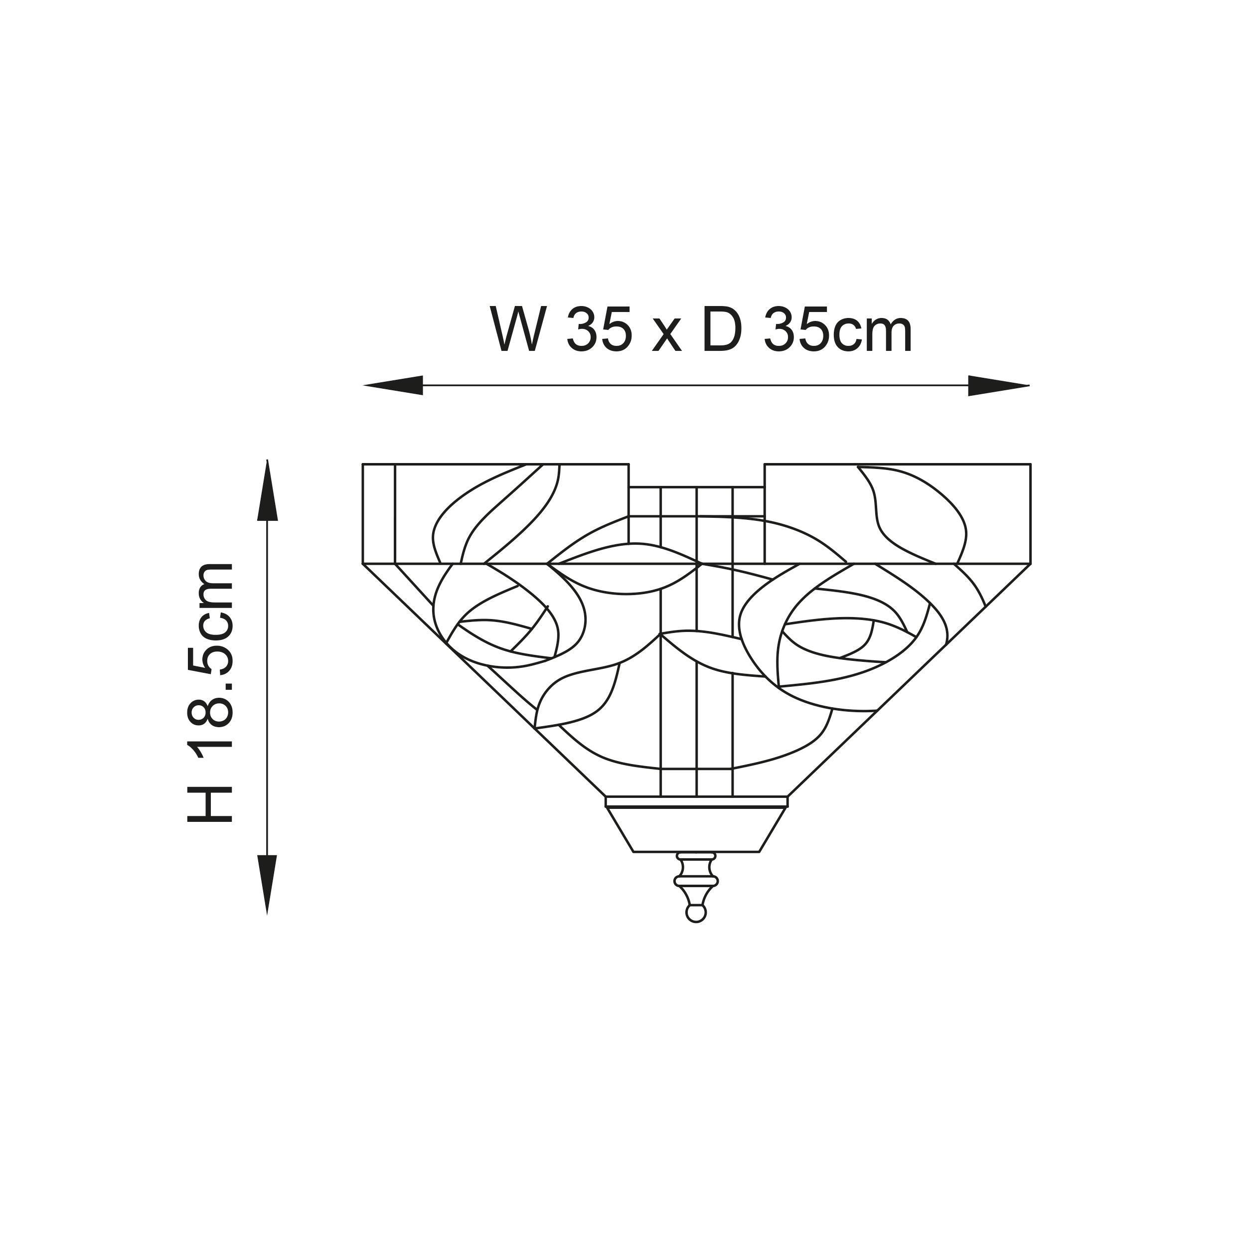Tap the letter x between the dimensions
[666, 336]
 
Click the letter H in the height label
[210, 803]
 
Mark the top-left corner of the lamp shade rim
[363, 465]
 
